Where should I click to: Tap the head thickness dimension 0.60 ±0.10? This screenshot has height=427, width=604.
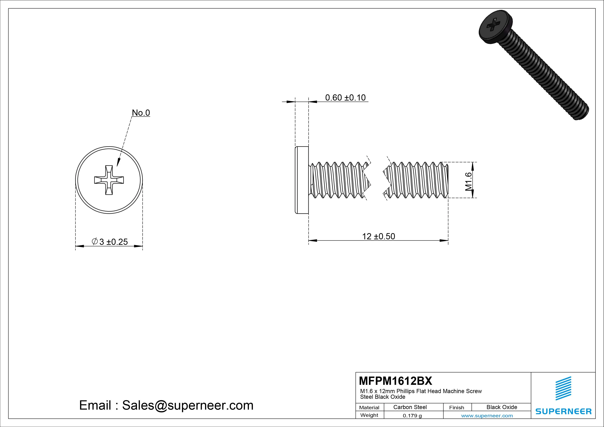pos(345,98)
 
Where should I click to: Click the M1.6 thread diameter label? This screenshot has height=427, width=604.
pos(468,181)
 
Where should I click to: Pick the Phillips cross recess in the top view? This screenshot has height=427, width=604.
pos(109,180)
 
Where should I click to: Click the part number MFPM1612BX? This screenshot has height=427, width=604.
pos(395,381)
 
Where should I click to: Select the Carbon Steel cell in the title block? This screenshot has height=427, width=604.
pos(410,407)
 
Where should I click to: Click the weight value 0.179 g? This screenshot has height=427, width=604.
pos(412,416)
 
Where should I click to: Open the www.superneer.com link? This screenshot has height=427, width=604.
pos(487,416)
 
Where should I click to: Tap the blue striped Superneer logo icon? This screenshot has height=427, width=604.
pos(563,388)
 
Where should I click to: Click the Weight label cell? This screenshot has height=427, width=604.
pos(369,415)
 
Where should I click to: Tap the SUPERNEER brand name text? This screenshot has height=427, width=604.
pos(563,411)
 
